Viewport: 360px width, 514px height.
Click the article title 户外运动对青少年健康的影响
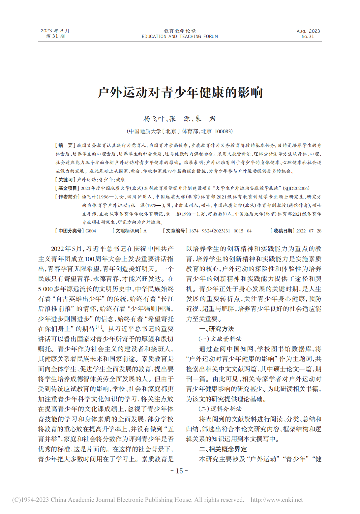click(x=180, y=93)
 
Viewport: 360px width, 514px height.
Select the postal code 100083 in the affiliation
click(x=223, y=131)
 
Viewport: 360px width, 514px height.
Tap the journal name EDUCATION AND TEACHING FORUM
click(x=180, y=37)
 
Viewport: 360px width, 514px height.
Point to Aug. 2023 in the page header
click(x=308, y=31)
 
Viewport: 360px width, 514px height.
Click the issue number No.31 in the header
click(x=308, y=37)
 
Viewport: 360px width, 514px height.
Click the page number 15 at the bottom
click(x=179, y=471)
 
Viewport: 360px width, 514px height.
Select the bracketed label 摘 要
click(x=65, y=145)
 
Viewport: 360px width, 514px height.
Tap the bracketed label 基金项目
click(x=67, y=188)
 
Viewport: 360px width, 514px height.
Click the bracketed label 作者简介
click(x=67, y=197)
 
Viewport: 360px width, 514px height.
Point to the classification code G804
click(x=91, y=231)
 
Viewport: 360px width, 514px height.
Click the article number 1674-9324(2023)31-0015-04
click(x=220, y=231)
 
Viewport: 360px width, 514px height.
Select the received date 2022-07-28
click(x=309, y=231)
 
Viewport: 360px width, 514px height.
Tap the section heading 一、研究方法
click(x=217, y=329)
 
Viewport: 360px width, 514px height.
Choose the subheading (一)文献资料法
click(x=220, y=339)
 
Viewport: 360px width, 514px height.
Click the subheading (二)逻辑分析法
click(x=220, y=409)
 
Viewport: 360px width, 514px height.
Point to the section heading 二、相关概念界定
click(x=223, y=449)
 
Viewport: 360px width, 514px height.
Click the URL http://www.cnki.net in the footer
click(x=277, y=500)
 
